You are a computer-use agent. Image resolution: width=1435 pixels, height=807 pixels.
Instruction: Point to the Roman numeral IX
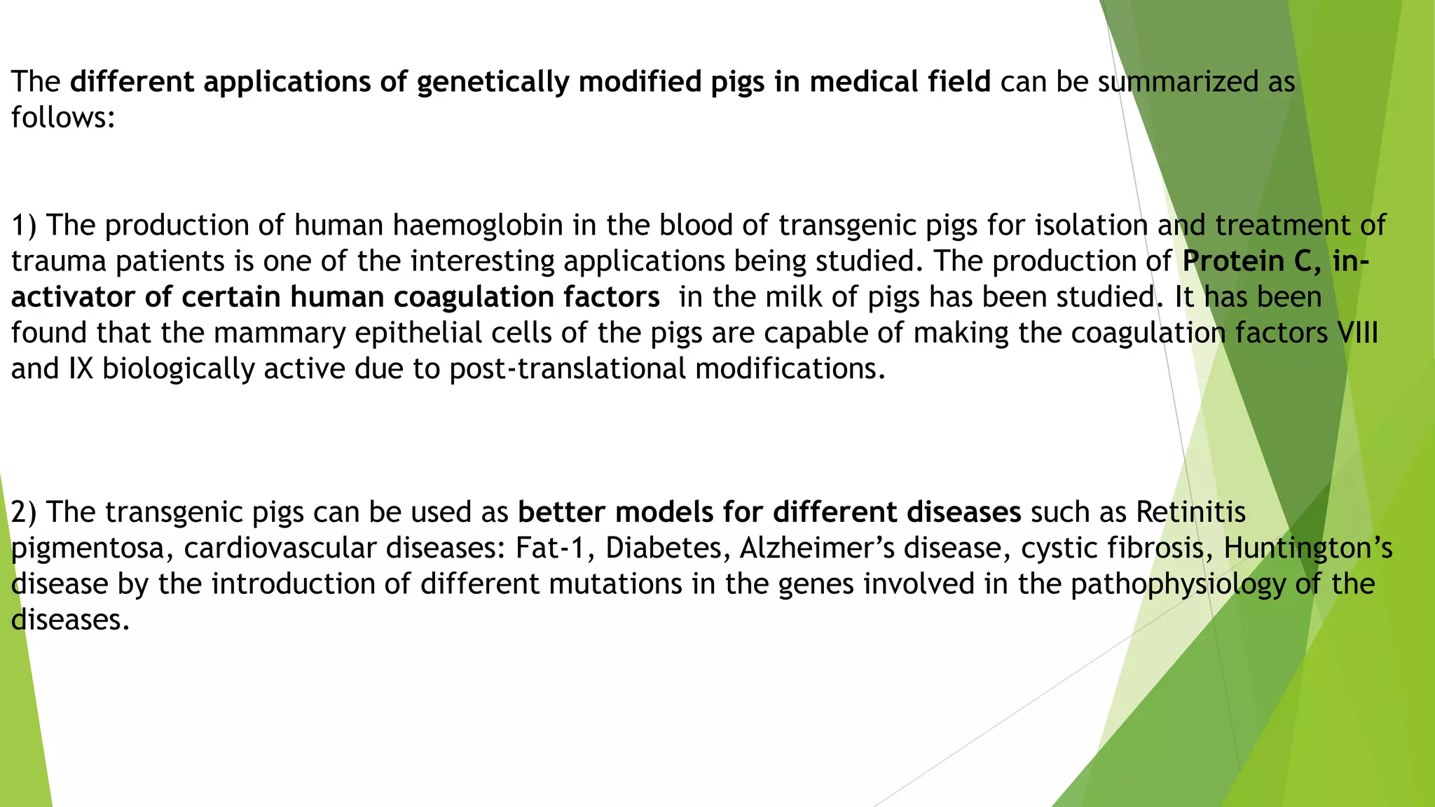81,368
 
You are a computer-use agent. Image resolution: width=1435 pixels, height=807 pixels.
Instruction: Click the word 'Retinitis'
1190,512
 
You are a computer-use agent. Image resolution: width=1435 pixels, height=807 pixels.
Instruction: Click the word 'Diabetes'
663,548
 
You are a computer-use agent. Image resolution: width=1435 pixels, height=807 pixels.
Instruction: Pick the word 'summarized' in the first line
1177,82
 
